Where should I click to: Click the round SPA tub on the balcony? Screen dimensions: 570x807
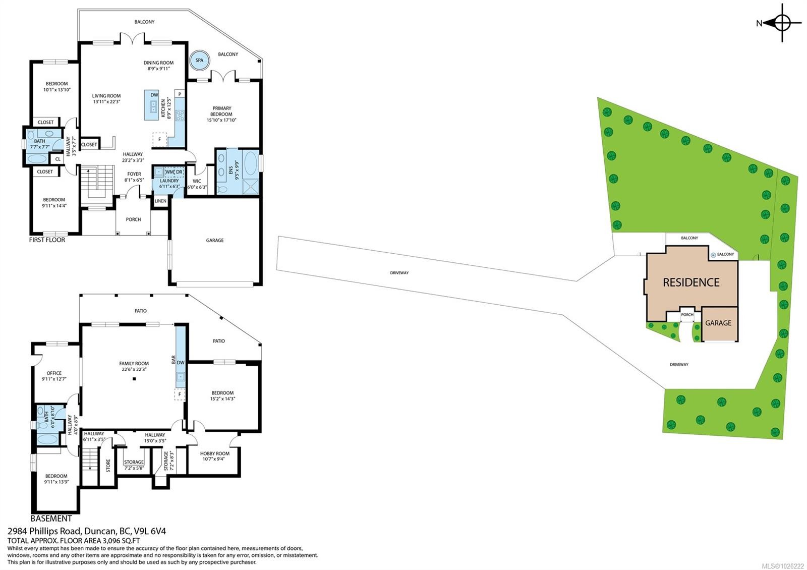click(x=199, y=61)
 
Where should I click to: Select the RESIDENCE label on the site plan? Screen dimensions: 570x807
click(x=691, y=282)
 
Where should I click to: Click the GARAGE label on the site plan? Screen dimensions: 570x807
click(x=718, y=323)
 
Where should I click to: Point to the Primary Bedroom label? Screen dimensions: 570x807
click(x=221, y=111)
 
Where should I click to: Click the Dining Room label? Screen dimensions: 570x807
click(x=158, y=63)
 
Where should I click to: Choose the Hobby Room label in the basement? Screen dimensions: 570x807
click(x=214, y=453)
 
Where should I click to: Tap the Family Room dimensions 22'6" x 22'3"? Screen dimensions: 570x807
click(x=134, y=369)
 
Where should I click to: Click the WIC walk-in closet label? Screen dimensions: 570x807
click(x=197, y=181)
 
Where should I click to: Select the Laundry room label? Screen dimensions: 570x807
click(x=169, y=181)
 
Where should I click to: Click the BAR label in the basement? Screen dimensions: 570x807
click(x=174, y=360)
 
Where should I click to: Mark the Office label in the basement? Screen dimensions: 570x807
click(x=54, y=373)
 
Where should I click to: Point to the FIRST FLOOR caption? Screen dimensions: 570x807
click(x=47, y=240)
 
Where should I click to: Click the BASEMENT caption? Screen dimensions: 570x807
click(x=51, y=519)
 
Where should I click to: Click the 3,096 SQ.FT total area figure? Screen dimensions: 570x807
click(x=121, y=540)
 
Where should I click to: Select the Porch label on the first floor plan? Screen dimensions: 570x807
click(x=133, y=219)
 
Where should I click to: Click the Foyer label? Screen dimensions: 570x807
click(x=134, y=174)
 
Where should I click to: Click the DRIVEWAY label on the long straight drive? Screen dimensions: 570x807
click(x=399, y=273)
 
